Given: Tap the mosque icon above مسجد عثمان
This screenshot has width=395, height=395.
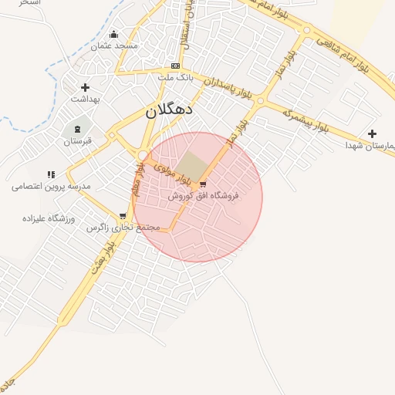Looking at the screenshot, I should (114, 34).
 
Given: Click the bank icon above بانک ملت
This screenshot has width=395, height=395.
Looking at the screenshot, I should (175, 66).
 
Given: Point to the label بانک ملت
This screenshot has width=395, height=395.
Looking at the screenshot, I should (175, 77).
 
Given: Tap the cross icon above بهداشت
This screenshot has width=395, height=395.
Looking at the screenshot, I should (85, 87).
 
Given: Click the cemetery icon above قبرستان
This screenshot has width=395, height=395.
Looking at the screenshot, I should (77, 128).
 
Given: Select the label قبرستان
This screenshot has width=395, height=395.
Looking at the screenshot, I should (77, 141).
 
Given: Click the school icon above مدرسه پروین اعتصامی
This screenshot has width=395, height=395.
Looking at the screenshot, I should (51, 174).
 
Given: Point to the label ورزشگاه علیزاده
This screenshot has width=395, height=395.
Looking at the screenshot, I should (48, 219).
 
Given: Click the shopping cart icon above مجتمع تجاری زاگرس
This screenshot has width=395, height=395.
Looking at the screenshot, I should (123, 216).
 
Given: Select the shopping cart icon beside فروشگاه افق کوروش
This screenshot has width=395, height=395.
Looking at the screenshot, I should (203, 184).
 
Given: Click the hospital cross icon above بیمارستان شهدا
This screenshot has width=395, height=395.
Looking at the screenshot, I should (373, 133).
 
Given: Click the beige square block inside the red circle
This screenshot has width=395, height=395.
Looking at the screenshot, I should (190, 164).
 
